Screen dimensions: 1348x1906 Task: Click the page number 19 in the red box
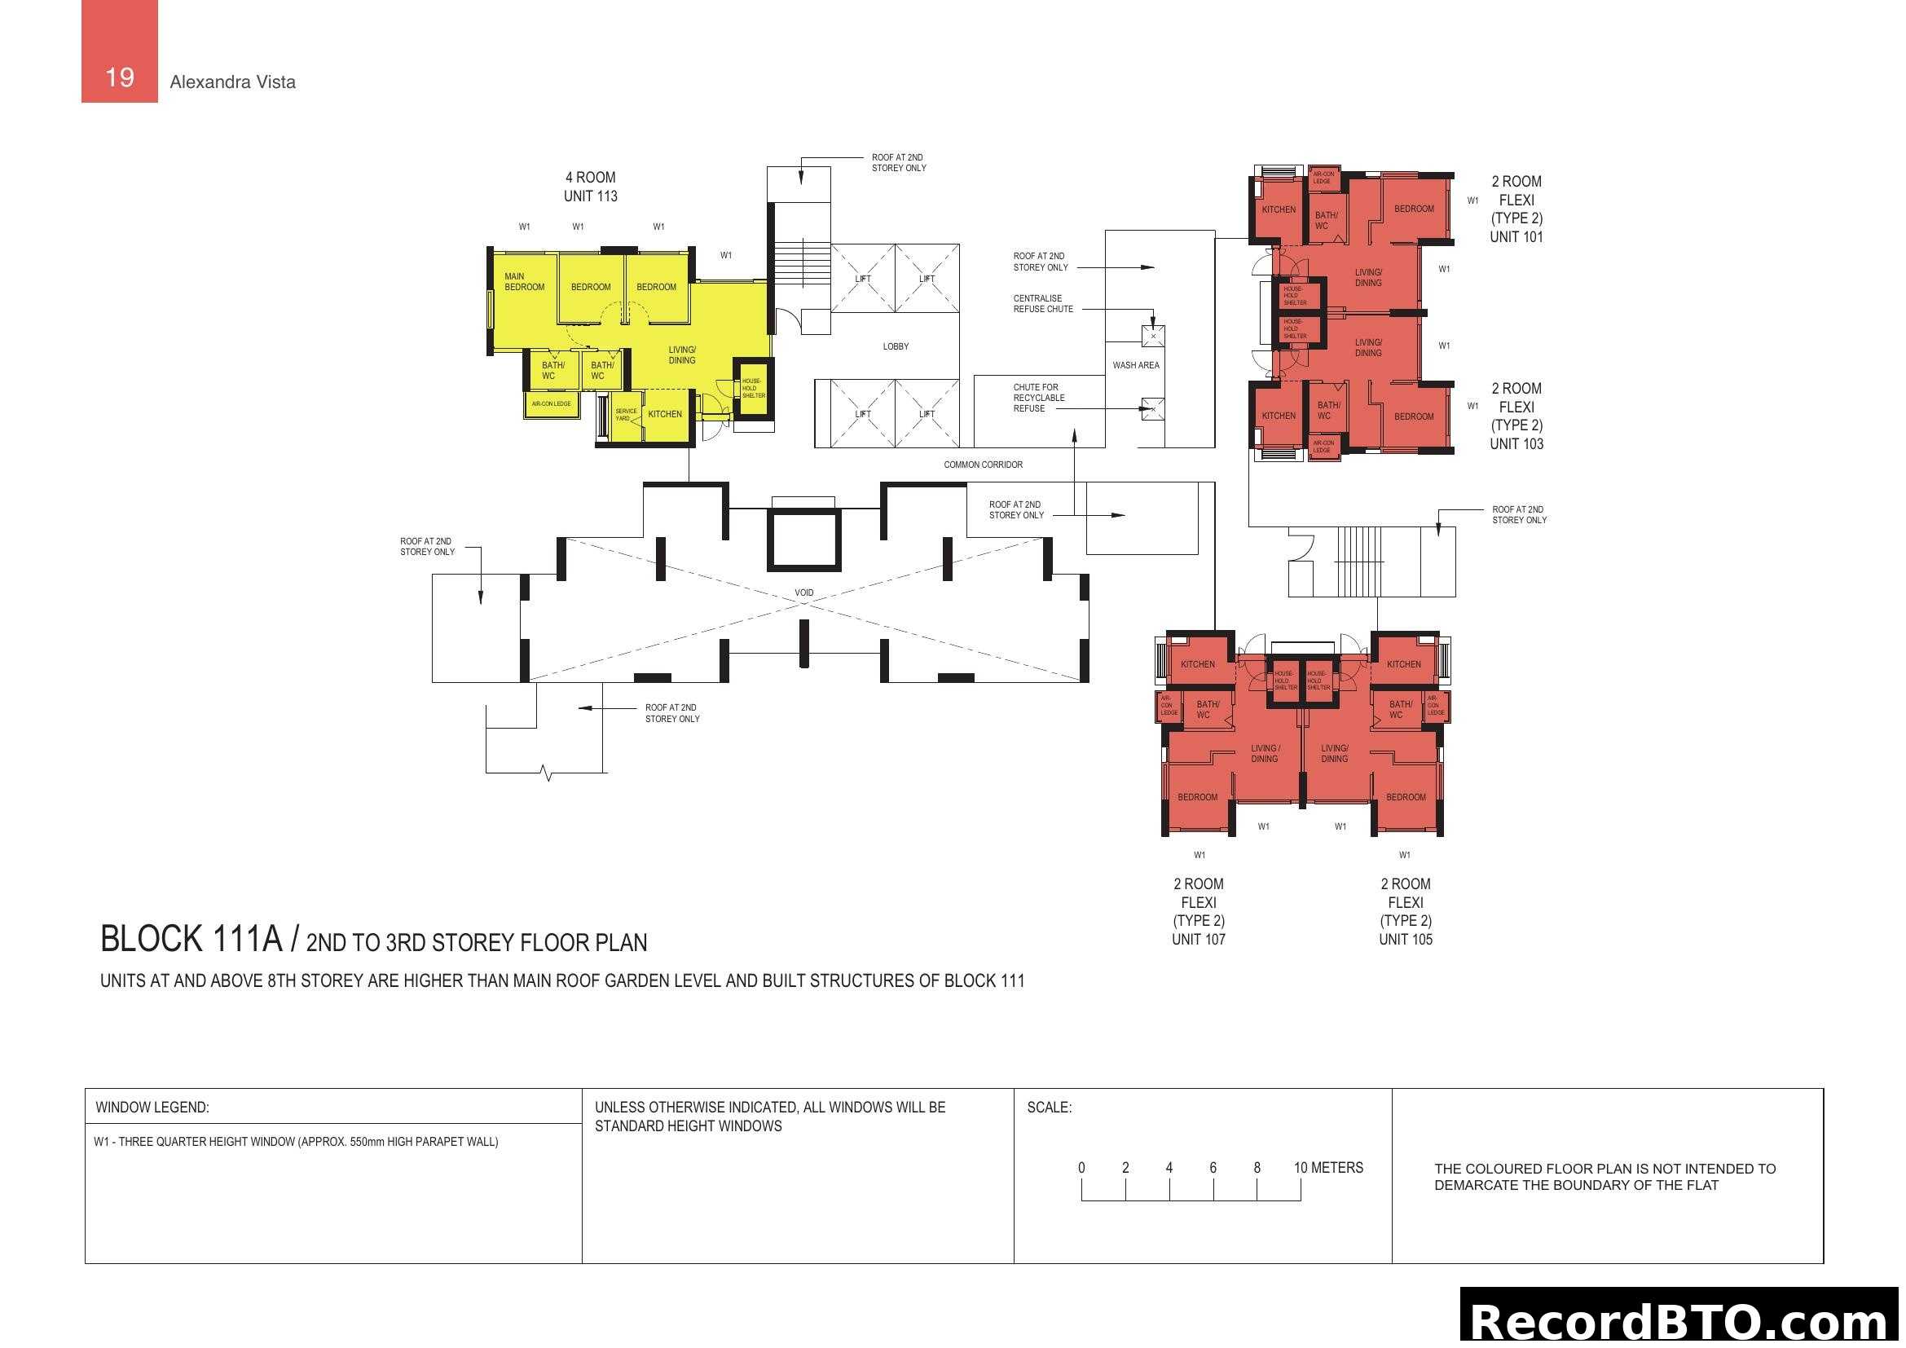(120, 77)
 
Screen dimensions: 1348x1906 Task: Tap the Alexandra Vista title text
(232, 82)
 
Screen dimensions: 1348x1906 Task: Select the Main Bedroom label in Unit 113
(524, 282)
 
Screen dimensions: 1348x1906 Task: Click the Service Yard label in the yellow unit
(626, 414)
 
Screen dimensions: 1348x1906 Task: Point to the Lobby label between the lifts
(896, 346)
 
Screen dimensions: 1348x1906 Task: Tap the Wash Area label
(1136, 365)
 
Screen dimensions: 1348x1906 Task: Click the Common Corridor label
(983, 465)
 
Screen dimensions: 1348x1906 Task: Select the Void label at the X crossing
(803, 593)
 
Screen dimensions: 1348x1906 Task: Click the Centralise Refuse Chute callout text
(1043, 304)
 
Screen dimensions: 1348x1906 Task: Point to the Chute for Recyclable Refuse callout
(1037, 398)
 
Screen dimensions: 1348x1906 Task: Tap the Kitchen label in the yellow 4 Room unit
(665, 414)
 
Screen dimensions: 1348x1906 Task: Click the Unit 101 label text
(1516, 236)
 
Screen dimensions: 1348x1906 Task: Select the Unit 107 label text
(1198, 940)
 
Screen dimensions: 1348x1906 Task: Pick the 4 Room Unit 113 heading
(590, 187)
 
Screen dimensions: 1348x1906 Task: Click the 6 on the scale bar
(1213, 1168)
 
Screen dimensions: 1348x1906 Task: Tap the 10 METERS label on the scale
(1328, 1168)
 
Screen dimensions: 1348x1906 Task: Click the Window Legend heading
(152, 1108)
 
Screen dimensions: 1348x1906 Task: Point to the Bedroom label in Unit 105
(1406, 797)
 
